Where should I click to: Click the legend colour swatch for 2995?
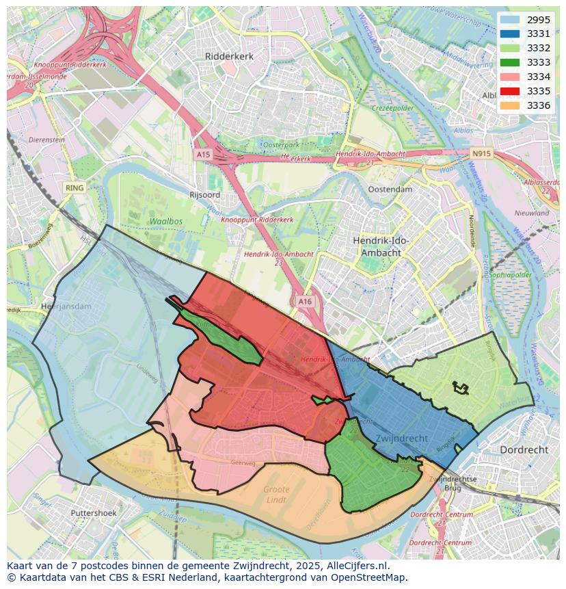pyautogui.click(x=509, y=20)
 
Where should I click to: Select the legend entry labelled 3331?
pyautogui.click(x=538, y=34)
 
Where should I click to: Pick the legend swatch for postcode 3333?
pyautogui.click(x=509, y=62)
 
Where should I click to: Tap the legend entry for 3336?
pyautogui.click(x=538, y=105)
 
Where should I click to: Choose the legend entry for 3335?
pyautogui.click(x=538, y=91)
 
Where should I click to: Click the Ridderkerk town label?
pyautogui.click(x=230, y=56)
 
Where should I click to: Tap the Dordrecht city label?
pyautogui.click(x=524, y=450)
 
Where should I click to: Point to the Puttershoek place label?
pyautogui.click(x=94, y=512)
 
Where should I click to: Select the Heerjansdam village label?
pyautogui.click(x=66, y=306)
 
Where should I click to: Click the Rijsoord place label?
pyautogui.click(x=204, y=195)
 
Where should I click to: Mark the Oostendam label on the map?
pyautogui.click(x=390, y=189)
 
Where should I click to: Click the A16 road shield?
pyautogui.click(x=305, y=301)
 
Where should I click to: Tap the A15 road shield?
pyautogui.click(x=203, y=155)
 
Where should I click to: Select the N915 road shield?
pyautogui.click(x=481, y=154)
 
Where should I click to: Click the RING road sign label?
pyautogui.click(x=74, y=187)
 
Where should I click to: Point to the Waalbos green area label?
pyautogui.click(x=165, y=222)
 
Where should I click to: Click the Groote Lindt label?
pyautogui.click(x=276, y=495)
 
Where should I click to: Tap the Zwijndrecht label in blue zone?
pyautogui.click(x=401, y=438)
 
